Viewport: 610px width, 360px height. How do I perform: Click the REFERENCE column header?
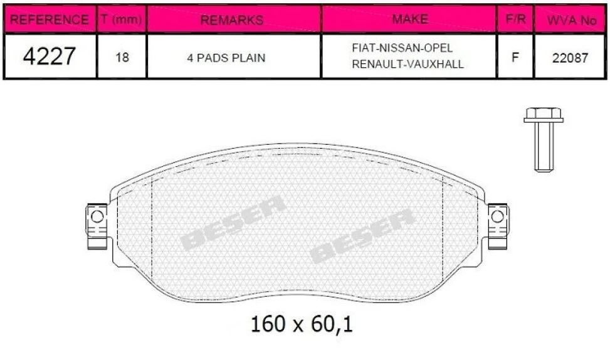pyautogui.click(x=49, y=19)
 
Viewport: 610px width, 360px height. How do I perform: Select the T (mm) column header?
pyautogui.click(x=121, y=19)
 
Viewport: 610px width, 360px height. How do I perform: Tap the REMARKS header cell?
pyautogui.click(x=232, y=20)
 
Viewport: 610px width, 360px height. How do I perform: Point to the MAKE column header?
pyautogui.click(x=410, y=19)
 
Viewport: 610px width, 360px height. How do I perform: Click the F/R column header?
pyautogui.click(x=515, y=19)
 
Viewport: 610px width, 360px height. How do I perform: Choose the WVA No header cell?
pyautogui.click(x=572, y=20)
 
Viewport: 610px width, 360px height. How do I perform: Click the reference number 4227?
pyautogui.click(x=49, y=56)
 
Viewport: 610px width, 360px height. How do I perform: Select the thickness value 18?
pyautogui.click(x=122, y=57)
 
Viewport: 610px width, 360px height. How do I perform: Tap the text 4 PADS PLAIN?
pyautogui.click(x=226, y=58)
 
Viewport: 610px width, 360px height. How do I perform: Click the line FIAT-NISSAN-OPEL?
pyautogui.click(x=402, y=48)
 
